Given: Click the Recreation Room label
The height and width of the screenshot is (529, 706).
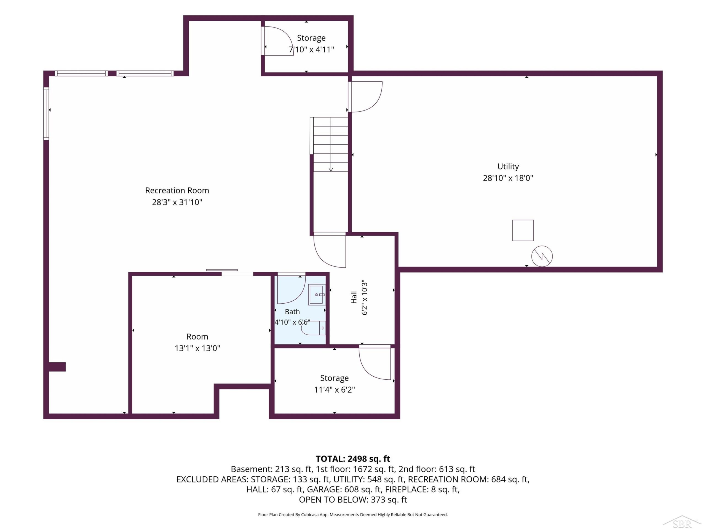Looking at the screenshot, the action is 177,190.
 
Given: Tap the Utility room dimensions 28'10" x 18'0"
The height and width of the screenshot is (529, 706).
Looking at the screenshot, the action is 508,178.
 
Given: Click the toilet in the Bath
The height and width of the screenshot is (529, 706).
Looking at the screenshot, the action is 313,328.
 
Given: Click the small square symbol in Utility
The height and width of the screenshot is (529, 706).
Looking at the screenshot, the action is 523,230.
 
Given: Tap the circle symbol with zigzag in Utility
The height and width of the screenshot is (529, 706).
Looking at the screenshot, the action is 542,256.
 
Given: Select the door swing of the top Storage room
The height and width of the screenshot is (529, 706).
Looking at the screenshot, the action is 279,41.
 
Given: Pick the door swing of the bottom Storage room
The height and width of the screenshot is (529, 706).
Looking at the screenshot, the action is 375,363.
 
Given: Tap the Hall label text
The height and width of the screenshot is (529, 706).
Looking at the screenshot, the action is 354,297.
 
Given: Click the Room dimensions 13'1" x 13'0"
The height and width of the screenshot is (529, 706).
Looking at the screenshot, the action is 197,348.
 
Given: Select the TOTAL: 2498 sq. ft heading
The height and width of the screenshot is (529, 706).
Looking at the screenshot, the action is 353,458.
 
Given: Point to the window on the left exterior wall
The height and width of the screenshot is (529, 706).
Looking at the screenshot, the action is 46,114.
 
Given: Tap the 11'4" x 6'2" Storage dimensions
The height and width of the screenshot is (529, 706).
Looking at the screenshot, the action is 335,390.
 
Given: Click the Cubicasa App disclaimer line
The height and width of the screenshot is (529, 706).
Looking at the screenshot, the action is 353,515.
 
